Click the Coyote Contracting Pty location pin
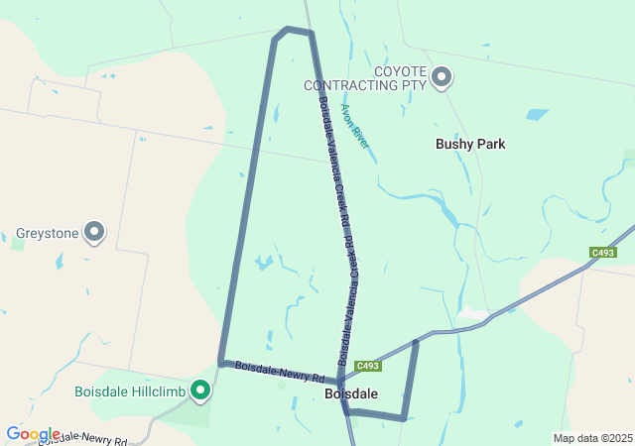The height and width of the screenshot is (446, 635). point(442,76)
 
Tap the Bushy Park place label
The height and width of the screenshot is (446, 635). point(470,144)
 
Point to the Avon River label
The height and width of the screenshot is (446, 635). point(355,127)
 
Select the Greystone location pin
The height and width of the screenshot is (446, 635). point(94,232)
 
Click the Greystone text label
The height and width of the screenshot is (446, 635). point(46,235)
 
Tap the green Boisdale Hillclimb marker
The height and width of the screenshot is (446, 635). point(200,390)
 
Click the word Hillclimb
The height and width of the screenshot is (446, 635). point(156,391)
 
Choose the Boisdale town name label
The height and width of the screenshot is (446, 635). point(350,393)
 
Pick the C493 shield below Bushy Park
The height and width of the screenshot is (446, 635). point(602,253)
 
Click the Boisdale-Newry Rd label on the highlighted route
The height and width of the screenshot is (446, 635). point(280,373)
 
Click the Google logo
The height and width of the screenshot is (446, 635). point(33,434)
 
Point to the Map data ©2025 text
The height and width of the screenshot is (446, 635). point(592,438)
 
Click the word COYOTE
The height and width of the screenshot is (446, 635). point(401,71)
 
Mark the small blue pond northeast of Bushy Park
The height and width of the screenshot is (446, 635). point(537,114)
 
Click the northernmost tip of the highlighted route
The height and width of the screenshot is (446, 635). point(288,29)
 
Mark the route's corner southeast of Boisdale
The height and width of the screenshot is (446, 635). point(403,418)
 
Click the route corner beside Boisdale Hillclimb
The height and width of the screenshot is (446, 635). point(221,363)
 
